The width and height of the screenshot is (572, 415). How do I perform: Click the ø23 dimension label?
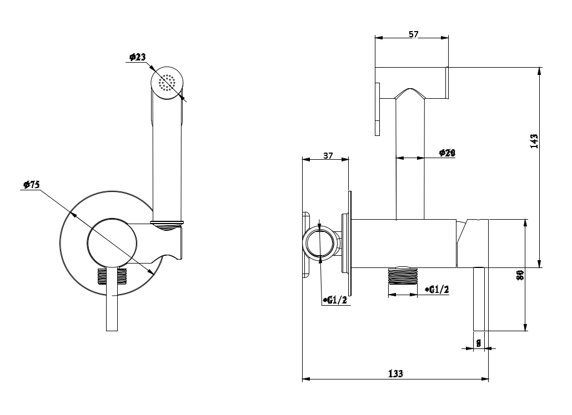coord(137,57)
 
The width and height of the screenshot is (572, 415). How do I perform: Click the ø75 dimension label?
coord(31,185)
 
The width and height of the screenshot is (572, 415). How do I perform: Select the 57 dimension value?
coord(413,34)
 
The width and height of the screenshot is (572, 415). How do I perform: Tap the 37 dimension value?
coord(328,156)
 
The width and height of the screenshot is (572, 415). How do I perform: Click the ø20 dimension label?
coord(446,153)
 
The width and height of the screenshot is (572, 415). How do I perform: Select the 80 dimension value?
coord(520,275)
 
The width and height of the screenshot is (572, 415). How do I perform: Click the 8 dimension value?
coord(479,342)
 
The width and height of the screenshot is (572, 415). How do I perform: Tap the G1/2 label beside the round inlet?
coord(335,300)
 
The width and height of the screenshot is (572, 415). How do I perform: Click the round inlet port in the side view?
coord(320,244)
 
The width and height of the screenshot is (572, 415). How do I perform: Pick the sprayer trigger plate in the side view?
coord(378,109)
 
